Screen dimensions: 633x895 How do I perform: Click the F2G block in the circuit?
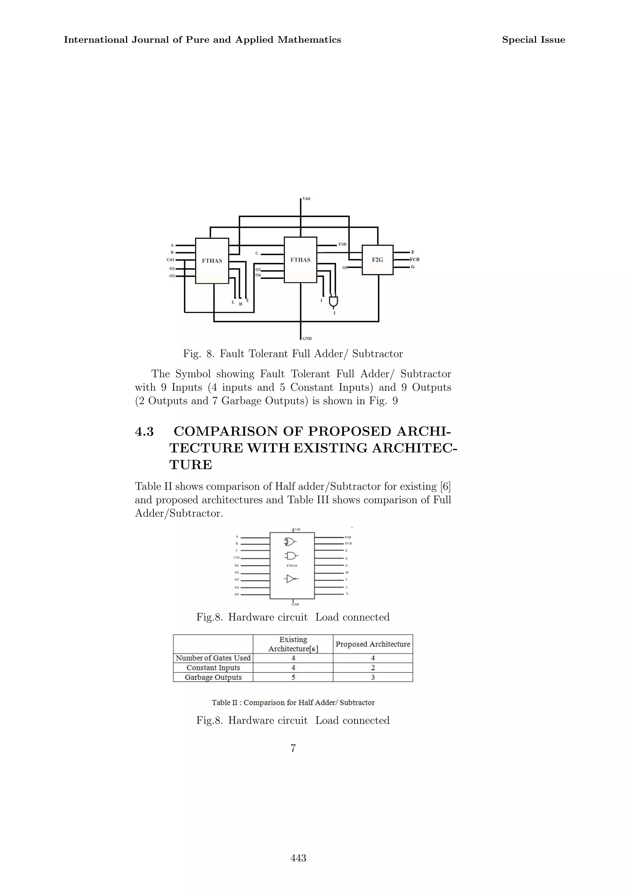tap(377, 260)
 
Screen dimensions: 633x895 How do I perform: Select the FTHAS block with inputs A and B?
tap(212, 261)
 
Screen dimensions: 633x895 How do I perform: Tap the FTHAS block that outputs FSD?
tap(300, 260)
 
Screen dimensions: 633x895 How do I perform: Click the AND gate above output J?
tap(333, 301)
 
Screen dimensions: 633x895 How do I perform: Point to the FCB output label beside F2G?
tap(414, 260)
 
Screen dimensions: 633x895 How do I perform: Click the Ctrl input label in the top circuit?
tap(170, 260)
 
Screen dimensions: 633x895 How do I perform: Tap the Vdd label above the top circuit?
tap(306, 199)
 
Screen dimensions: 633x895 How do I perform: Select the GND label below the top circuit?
tap(307, 338)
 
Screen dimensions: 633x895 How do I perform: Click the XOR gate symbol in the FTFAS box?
tap(290, 542)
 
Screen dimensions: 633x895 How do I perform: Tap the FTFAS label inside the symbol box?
tap(292, 566)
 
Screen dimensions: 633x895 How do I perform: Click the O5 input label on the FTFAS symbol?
tap(236, 595)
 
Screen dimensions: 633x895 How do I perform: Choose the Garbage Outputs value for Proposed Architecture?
tap(373, 677)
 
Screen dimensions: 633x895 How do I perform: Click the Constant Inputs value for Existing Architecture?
tap(293, 668)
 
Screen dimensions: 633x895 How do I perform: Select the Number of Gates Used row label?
tap(213, 658)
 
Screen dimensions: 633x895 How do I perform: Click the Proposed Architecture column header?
tap(373, 644)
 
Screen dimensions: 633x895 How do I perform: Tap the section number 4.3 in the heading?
tap(144, 431)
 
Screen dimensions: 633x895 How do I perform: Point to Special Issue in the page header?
tap(533, 40)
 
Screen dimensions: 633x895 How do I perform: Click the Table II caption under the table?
tap(293, 702)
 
